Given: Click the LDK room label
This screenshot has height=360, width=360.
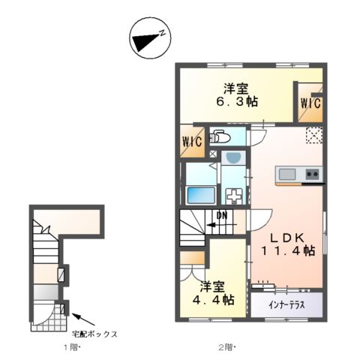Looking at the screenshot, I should point(285,235).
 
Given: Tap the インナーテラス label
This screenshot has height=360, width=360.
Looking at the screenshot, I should point(286,305).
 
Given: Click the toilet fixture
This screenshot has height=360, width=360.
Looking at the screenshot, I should point(221,137).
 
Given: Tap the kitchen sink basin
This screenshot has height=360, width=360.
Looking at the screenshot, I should point(288,175).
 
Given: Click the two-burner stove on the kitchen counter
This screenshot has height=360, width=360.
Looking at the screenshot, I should point(312,175).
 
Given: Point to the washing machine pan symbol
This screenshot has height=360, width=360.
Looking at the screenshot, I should point(235,195).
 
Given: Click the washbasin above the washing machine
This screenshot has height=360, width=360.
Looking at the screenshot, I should point(234,158).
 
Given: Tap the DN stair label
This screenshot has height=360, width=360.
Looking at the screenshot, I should point(222,217).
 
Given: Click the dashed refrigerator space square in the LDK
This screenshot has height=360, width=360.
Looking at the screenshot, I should point(313,136).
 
